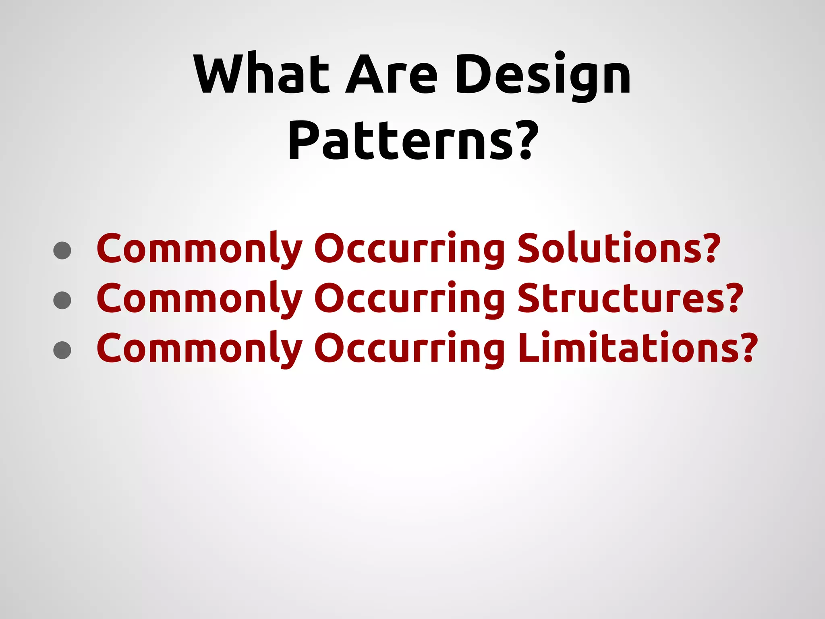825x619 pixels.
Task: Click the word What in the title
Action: click(261, 74)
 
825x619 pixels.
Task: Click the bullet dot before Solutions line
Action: click(62, 250)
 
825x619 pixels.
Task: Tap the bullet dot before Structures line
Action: click(62, 300)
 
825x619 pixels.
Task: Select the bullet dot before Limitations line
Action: click(62, 350)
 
